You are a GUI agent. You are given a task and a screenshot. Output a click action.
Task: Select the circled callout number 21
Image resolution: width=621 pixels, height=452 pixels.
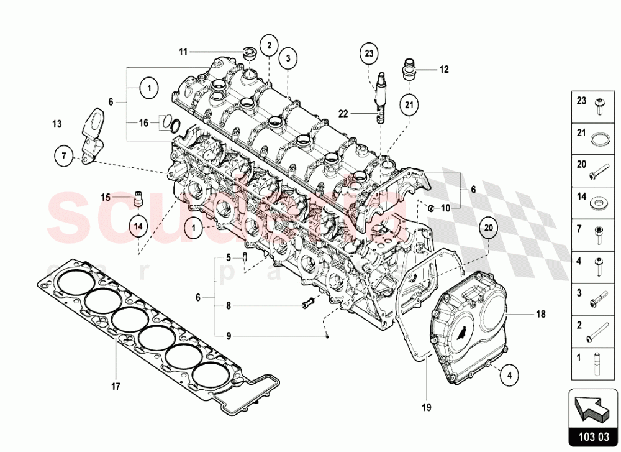409,105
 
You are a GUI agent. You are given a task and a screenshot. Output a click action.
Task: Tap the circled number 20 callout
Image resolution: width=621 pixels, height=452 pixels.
488,229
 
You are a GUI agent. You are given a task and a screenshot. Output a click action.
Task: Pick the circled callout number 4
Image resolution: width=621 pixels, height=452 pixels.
509,375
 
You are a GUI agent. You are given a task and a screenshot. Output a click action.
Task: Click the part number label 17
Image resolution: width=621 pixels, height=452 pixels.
116,386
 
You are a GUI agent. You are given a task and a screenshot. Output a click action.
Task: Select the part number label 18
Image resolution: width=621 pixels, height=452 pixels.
541,315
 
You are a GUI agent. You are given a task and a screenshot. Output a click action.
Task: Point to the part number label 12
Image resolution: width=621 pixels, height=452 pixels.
443,70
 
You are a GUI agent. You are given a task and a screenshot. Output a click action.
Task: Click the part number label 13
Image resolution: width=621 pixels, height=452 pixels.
57,124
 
